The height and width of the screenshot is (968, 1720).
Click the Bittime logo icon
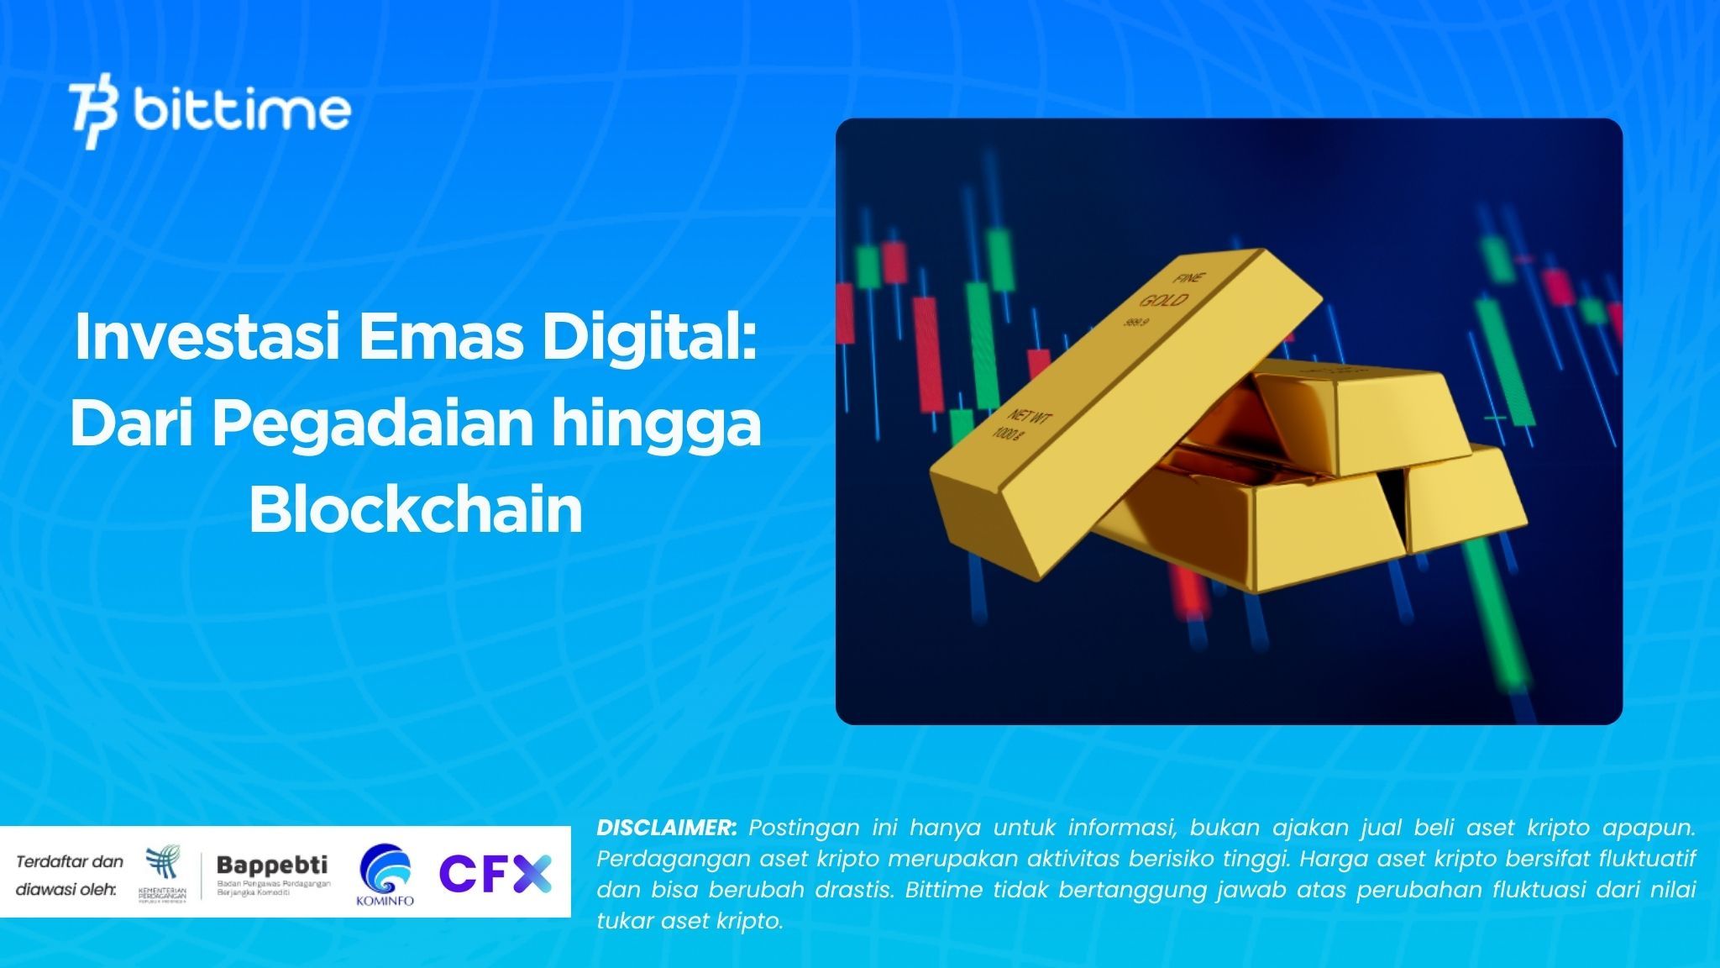click(93, 114)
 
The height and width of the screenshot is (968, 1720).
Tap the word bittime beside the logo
click(242, 111)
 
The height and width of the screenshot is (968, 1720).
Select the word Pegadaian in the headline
click(372, 424)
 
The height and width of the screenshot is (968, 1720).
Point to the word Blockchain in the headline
click(416, 510)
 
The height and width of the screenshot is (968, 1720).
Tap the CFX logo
click(496, 872)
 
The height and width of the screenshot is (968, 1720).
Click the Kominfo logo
click(385, 875)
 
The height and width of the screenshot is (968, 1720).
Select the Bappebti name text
click(272, 865)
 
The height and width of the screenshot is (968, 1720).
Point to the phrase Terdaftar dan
click(70, 861)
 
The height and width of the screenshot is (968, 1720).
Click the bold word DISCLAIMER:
click(667, 828)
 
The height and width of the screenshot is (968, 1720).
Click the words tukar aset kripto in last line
click(690, 921)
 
